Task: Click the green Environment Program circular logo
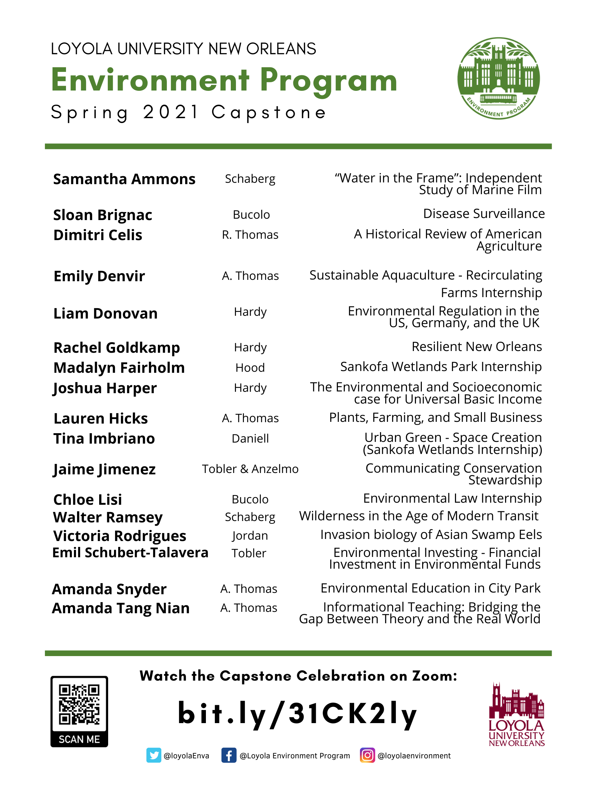(x=499, y=78)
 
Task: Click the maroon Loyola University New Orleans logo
(x=517, y=714)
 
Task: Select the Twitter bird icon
(x=154, y=755)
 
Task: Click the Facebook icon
(x=229, y=755)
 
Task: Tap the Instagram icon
(x=367, y=755)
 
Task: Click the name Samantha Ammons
(x=124, y=179)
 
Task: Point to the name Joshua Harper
(x=105, y=388)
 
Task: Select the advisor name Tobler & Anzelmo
(x=250, y=469)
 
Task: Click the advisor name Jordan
(x=250, y=536)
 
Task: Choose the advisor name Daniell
(x=250, y=439)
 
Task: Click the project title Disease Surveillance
(x=484, y=214)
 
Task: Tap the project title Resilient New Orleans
(x=476, y=347)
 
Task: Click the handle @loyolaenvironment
(x=414, y=756)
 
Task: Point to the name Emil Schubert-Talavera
(x=130, y=553)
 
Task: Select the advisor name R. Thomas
(x=250, y=235)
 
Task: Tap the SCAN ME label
(x=79, y=739)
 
